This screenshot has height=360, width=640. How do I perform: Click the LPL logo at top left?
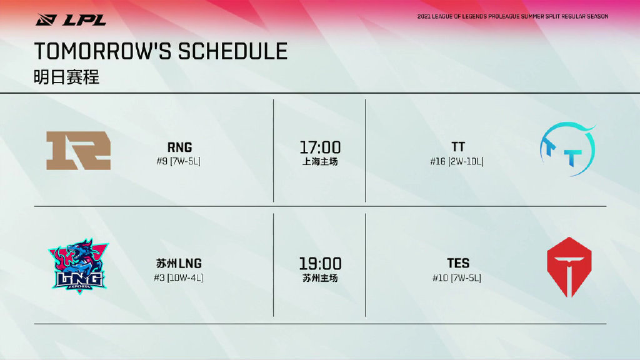point(71,19)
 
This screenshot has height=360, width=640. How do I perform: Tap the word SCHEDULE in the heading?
point(232,51)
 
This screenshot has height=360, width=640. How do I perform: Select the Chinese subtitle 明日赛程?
point(66,77)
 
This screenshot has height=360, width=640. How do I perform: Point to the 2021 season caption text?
point(512,16)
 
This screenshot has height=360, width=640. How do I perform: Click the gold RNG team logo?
point(78,151)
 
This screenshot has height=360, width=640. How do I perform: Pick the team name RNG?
point(179,147)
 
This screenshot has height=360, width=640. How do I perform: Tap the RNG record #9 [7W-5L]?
point(178,161)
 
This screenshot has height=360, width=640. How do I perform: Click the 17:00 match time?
point(320,147)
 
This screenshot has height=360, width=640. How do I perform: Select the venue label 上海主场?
point(320,162)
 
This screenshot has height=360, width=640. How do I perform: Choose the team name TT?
point(458,146)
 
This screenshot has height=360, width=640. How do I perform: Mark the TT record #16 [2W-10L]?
point(457,162)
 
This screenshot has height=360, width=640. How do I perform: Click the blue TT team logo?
point(567,149)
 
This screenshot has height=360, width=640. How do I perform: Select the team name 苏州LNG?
point(179,263)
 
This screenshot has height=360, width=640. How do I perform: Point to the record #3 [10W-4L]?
point(178,278)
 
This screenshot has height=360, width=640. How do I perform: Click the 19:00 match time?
point(320,264)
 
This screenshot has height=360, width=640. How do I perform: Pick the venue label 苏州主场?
point(320,278)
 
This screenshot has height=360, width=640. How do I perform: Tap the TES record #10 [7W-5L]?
point(457,278)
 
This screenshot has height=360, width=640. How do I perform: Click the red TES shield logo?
point(569,267)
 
